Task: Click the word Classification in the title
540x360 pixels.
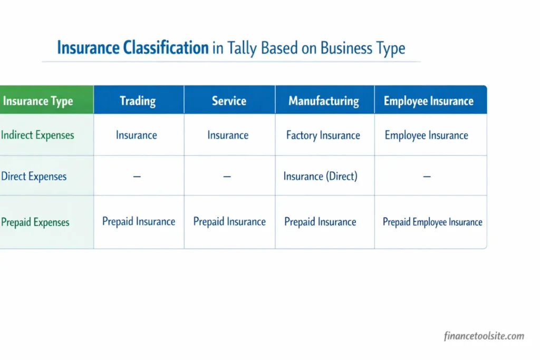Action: (x=166, y=48)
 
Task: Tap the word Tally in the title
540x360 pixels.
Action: (x=243, y=48)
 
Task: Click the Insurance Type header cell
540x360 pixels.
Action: (x=38, y=101)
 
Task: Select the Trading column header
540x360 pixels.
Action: (x=138, y=101)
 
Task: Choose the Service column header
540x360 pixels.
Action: (x=229, y=101)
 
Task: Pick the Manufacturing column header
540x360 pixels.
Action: (x=324, y=101)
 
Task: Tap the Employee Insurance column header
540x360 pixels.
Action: (x=428, y=101)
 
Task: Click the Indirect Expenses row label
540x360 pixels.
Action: (x=37, y=135)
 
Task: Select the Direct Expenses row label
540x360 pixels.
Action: (x=34, y=176)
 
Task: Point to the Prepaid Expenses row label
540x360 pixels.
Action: (x=35, y=222)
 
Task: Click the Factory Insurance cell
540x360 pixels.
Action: (x=323, y=135)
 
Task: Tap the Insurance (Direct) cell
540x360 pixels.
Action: (x=320, y=176)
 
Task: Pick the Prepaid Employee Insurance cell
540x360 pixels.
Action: (x=432, y=222)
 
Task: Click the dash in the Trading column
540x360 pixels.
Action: (x=137, y=177)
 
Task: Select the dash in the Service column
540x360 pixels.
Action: (x=227, y=177)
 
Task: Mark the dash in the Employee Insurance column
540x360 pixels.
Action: (x=427, y=177)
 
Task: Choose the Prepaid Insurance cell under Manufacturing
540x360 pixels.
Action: (x=320, y=222)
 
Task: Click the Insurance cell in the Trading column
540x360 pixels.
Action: (x=137, y=135)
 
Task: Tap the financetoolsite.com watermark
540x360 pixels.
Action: (x=484, y=336)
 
